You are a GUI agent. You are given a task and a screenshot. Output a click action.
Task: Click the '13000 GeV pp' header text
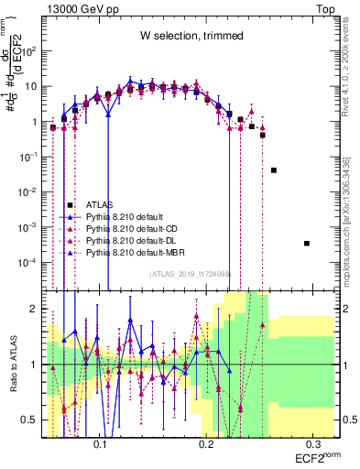click(76, 7)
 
